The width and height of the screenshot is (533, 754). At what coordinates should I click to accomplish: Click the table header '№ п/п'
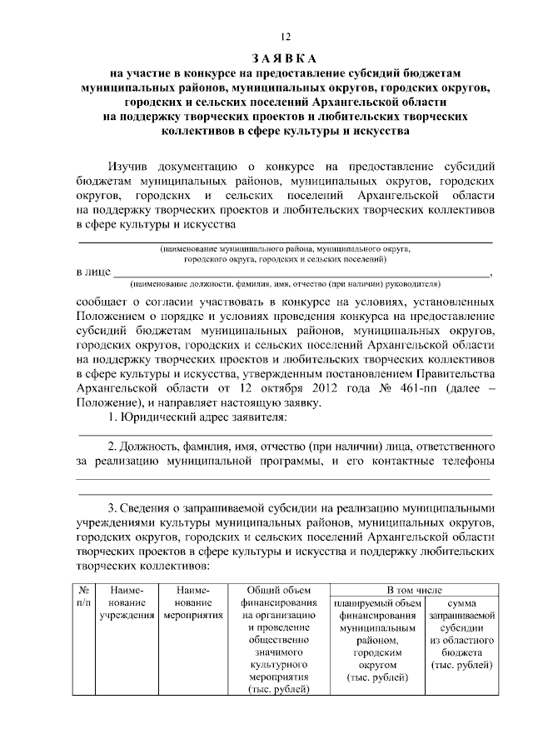click(83, 596)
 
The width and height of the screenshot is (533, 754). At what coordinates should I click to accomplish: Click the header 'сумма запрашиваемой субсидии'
click(461, 633)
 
